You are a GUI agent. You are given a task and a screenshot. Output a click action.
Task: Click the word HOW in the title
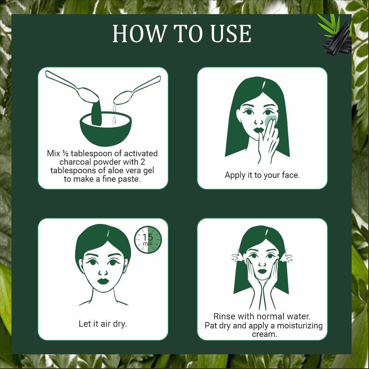[139, 34]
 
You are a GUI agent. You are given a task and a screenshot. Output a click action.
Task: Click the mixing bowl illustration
[106, 129]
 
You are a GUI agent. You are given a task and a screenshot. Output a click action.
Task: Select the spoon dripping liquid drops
[137, 91]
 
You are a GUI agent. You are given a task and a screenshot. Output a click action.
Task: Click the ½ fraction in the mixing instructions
[65, 154]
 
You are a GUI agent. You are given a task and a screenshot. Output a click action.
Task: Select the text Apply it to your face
[262, 175]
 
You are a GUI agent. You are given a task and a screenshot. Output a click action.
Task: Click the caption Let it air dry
[103, 324]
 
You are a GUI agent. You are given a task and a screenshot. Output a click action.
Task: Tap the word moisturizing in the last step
[300, 326]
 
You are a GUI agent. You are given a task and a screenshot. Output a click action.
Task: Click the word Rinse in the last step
[224, 316]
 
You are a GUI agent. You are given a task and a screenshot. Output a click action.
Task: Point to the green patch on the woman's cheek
[270, 121]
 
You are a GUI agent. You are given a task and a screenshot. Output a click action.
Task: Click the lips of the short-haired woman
[103, 281]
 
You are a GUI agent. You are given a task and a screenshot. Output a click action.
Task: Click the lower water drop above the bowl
[114, 120]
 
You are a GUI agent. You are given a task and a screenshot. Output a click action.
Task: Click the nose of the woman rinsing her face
[262, 263]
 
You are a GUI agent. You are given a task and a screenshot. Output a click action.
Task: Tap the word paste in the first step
[129, 179]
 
